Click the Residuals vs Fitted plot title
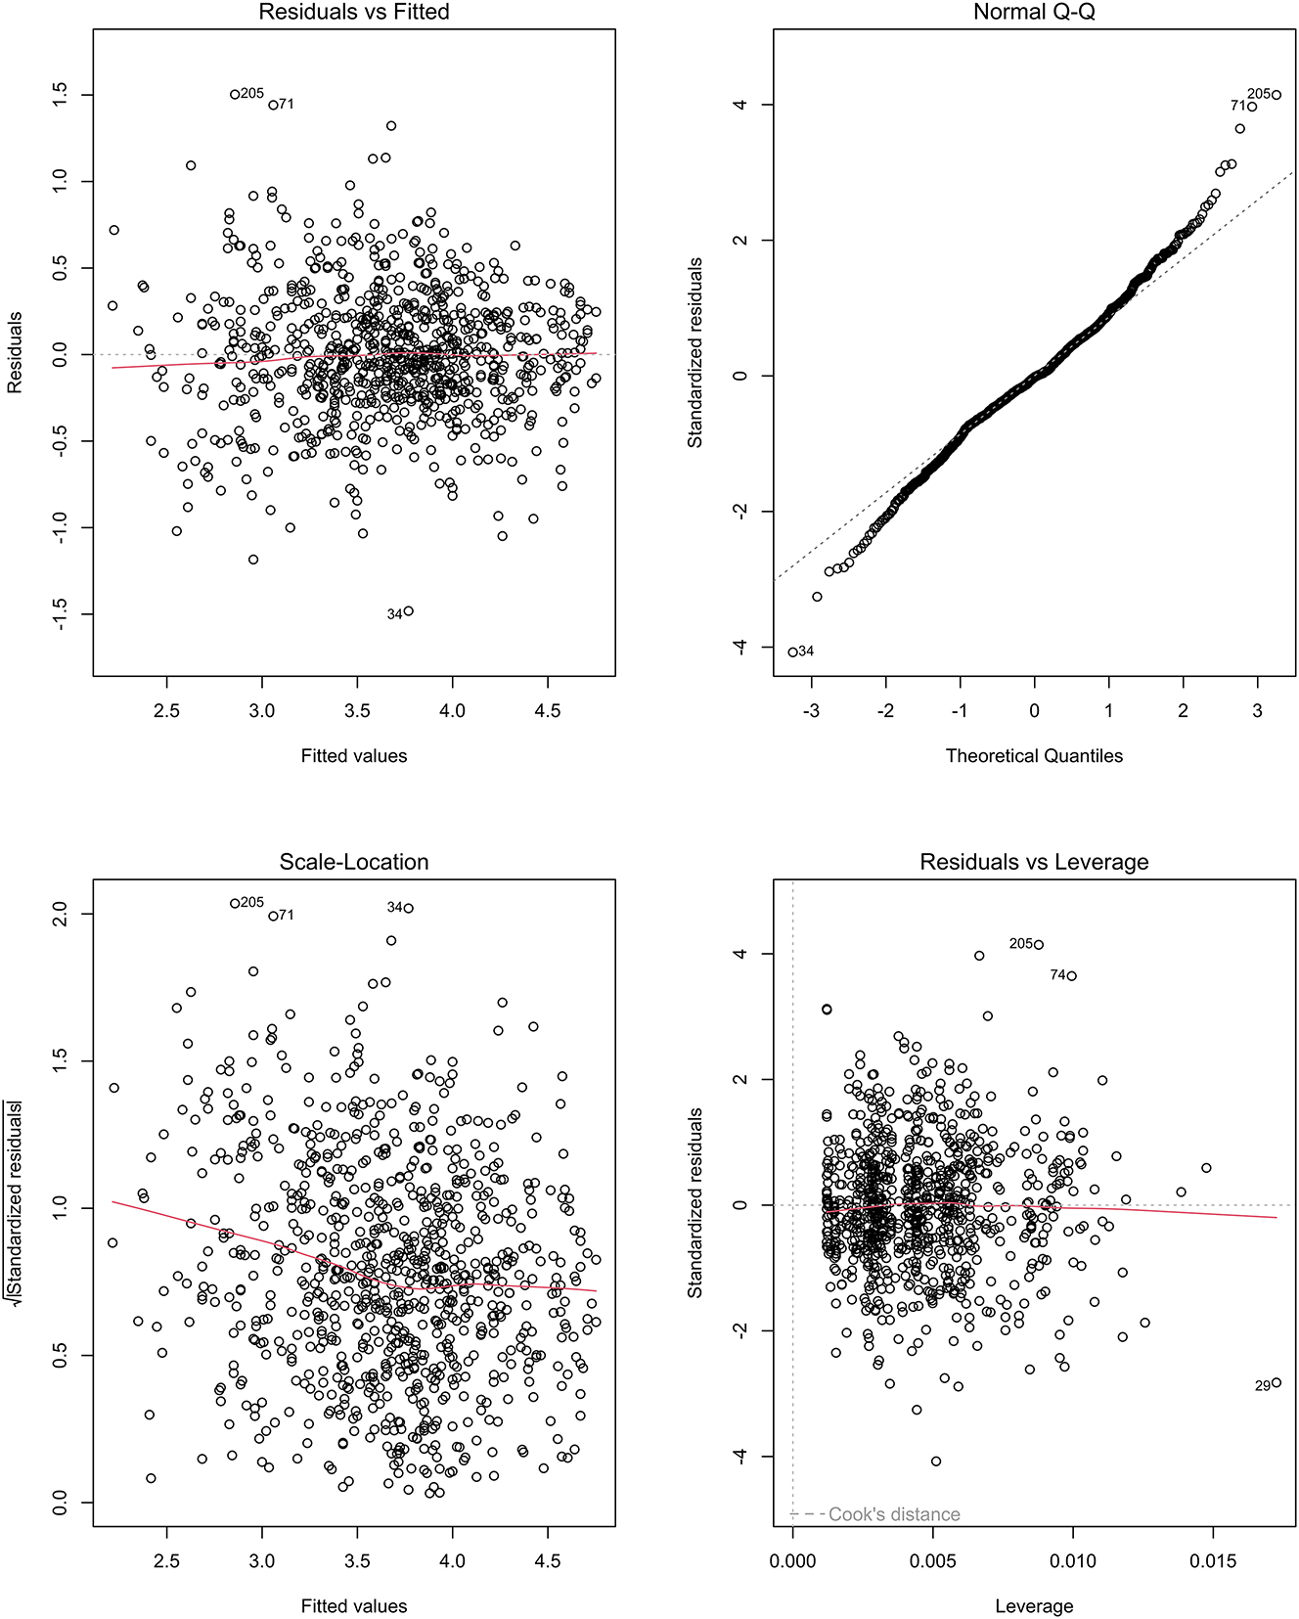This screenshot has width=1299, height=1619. click(x=353, y=12)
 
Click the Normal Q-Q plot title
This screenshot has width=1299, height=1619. click(x=1034, y=12)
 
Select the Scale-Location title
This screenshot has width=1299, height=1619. click(x=353, y=862)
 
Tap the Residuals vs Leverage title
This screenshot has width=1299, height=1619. click(x=1034, y=862)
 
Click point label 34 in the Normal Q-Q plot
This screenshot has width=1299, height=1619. click(x=806, y=651)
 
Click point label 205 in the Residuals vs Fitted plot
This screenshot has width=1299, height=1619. click(x=251, y=93)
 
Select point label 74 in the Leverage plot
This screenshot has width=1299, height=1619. click(x=1057, y=975)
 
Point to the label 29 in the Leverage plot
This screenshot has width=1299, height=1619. click(x=1262, y=1386)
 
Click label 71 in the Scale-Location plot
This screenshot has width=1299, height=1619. click(x=286, y=915)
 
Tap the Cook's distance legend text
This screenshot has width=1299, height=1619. click(x=894, y=1514)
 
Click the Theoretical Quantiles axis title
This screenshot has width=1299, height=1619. click(x=1034, y=755)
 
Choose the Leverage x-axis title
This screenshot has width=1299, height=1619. click(x=1034, y=1605)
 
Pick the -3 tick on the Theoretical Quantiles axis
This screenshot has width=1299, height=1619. click(x=810, y=711)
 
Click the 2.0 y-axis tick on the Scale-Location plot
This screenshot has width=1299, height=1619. click(x=61, y=914)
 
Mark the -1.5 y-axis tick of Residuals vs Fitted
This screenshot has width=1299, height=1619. click(x=61, y=614)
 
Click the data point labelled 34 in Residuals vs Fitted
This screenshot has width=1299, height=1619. click(x=408, y=610)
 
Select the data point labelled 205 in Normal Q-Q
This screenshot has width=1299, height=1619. click(x=1277, y=95)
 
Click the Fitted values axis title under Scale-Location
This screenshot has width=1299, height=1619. click(x=353, y=1605)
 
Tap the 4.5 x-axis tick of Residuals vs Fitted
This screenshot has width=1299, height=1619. click(x=548, y=711)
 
